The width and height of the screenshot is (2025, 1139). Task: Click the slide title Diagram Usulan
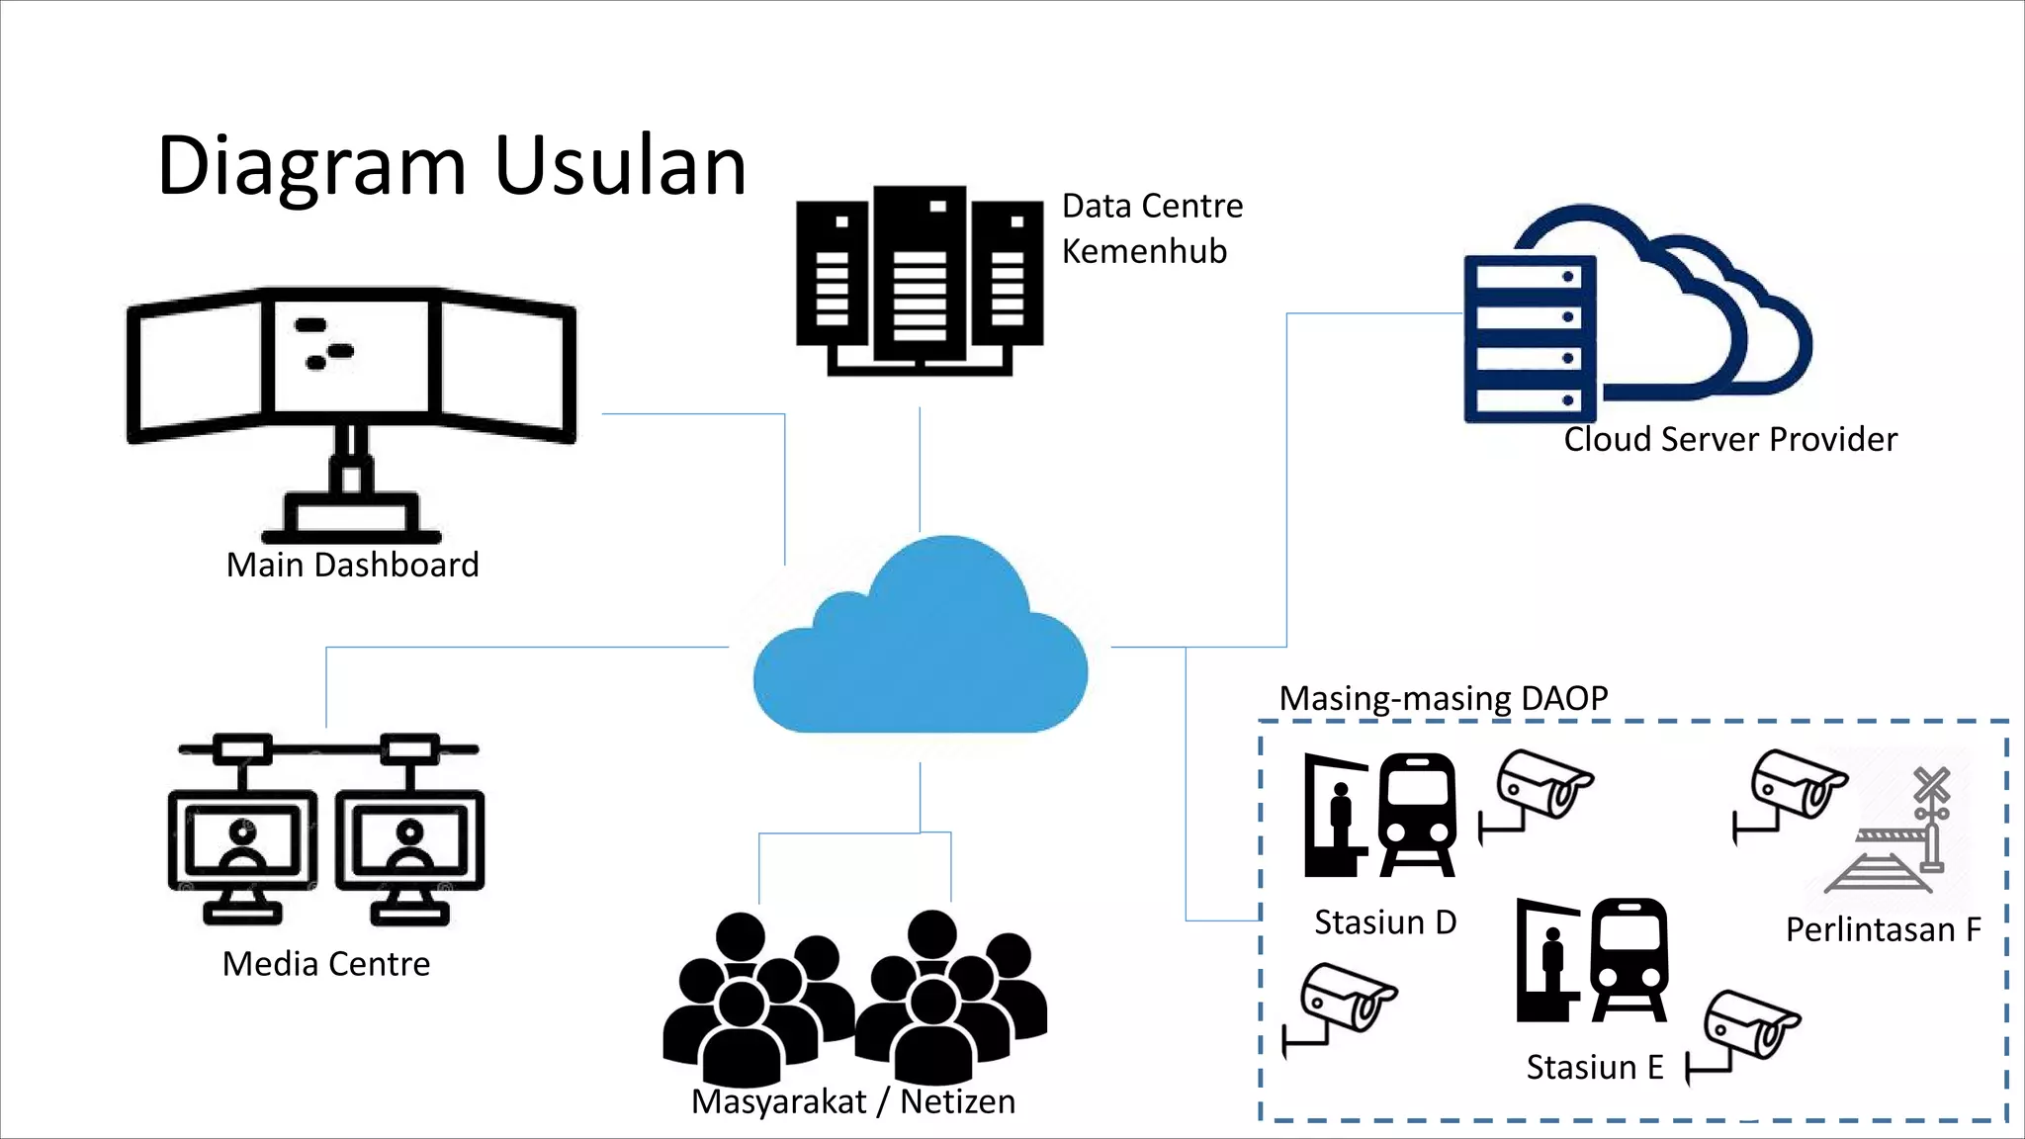[452, 166]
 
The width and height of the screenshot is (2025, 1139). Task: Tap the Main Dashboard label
[352, 565]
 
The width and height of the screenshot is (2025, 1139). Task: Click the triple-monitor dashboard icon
[351, 395]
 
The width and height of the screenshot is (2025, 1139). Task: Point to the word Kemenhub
[1144, 251]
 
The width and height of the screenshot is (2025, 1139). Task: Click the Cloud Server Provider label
[1730, 439]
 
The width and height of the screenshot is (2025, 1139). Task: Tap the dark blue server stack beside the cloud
[1531, 338]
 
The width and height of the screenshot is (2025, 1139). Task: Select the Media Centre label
[326, 963]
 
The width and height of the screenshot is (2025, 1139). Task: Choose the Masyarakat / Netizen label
[853, 1101]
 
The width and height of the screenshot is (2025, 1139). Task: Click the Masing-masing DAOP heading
[1444, 698]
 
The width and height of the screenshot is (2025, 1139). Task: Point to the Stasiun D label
[1385, 921]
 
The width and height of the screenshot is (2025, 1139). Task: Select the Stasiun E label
[1595, 1067]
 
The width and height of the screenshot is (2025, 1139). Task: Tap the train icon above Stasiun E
[1629, 959]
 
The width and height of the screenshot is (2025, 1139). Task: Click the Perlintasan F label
[1884, 929]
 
